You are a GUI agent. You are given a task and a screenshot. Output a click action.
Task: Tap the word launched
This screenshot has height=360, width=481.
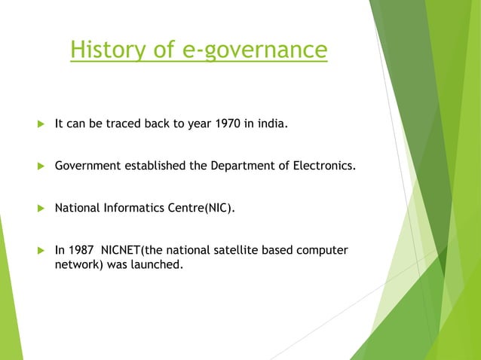tap(156, 264)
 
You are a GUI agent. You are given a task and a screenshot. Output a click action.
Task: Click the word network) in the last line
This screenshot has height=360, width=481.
tap(78, 264)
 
